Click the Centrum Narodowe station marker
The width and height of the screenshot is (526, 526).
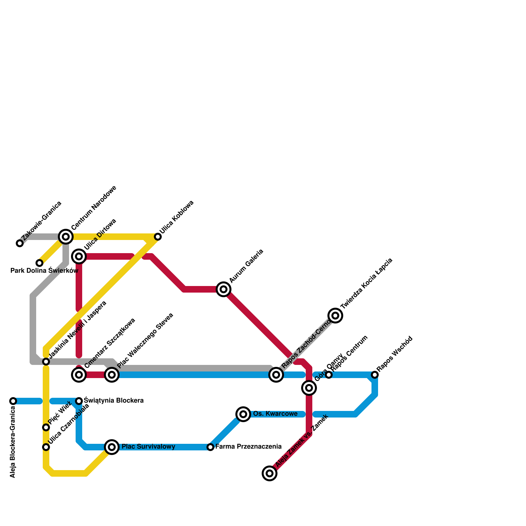pos(66,236)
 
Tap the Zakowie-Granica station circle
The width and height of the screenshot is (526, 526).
pos(20,243)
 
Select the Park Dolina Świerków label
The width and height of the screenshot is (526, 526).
pos(44,271)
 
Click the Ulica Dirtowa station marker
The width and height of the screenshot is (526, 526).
pos(79,256)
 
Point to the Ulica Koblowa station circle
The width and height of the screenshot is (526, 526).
pos(158,237)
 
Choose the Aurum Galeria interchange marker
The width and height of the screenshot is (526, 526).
pos(224,289)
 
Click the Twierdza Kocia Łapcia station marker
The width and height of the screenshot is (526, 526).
pos(335,316)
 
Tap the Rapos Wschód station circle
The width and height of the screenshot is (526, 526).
pos(375,374)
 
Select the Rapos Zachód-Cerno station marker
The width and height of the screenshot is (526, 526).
pos(276,374)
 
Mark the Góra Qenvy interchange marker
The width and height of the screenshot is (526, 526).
pos(309,388)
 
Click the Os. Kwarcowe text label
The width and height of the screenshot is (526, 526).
pos(275,414)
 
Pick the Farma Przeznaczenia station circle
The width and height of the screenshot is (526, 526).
pos(210,447)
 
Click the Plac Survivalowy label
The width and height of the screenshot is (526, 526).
pos(148,447)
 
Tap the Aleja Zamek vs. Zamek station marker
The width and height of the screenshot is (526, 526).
pos(270,473)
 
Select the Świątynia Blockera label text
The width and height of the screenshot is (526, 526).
pos(114,401)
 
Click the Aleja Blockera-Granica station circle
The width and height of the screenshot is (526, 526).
pos(13,401)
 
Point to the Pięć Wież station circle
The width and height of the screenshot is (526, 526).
pos(46,427)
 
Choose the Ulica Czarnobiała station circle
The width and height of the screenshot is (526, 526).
pos(46,447)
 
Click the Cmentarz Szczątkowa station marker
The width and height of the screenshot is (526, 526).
pos(79,374)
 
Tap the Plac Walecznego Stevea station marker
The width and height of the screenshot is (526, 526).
pos(112,374)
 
